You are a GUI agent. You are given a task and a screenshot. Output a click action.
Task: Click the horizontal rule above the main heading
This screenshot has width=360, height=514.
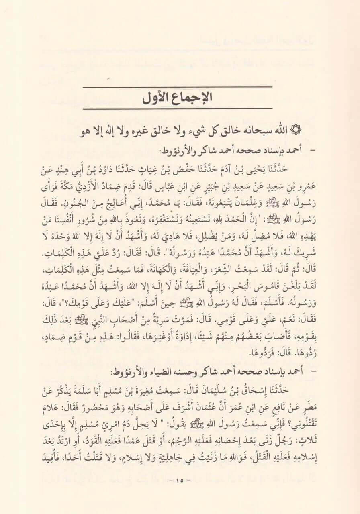180,86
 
